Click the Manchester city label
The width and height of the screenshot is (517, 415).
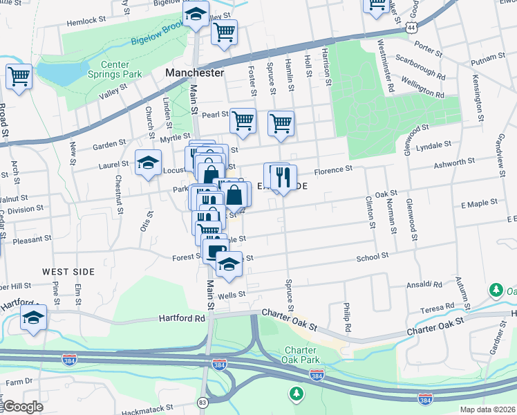[x=195, y=73]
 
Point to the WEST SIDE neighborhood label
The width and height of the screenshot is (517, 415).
[x=68, y=272]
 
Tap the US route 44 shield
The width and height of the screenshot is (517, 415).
[x=412, y=28]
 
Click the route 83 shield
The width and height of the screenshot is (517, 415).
[x=203, y=402]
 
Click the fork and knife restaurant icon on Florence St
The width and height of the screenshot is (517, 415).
[x=283, y=177]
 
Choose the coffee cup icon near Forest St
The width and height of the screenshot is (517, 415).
[x=216, y=250]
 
